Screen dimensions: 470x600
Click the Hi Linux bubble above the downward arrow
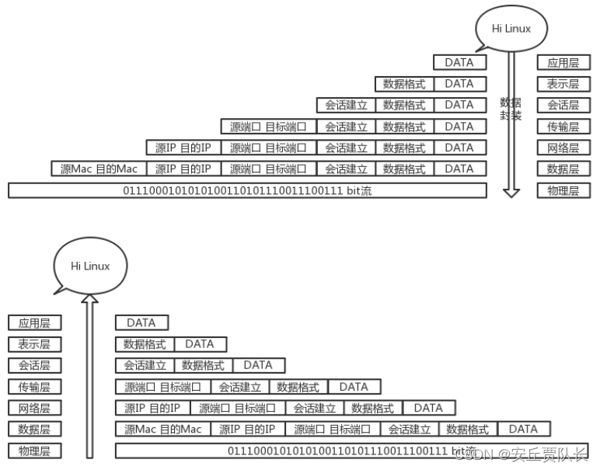pos(511,29)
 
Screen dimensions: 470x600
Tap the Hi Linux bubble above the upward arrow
pos(90,266)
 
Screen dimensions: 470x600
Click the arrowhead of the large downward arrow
pos(511,191)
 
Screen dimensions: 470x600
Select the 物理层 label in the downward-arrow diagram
pos(563,190)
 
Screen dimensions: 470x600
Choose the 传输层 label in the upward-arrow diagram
pos(34,386)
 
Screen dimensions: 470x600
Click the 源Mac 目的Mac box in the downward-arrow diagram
pos(99,169)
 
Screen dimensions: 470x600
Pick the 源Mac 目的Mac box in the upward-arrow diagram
pos(162,429)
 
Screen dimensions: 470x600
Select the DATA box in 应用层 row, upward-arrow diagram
pos(141,322)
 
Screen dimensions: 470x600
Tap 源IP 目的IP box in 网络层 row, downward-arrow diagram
pos(183,148)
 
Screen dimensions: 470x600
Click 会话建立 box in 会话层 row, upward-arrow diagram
pos(145,365)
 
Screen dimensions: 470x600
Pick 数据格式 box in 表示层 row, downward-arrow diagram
pos(404,84)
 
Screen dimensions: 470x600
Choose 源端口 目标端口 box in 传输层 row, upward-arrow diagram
pos(163,386)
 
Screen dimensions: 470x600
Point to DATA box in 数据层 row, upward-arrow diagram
pos(523,429)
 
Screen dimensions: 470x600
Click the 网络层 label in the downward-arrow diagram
pos(563,148)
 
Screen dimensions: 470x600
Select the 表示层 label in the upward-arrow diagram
pos(34,344)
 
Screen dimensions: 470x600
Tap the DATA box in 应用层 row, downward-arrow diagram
pos(459,62)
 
